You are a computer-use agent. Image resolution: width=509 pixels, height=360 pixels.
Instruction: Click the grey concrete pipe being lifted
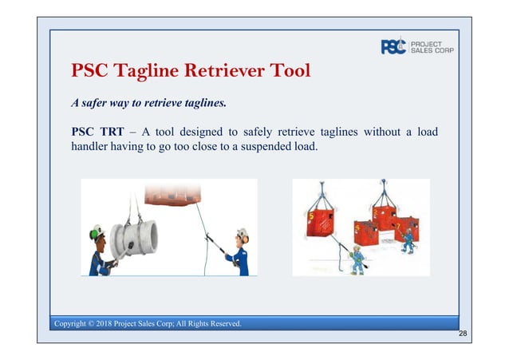(133, 239)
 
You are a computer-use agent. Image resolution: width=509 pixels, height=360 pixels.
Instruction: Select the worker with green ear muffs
(101, 249)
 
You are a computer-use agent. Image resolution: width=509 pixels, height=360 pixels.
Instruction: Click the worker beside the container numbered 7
(408, 238)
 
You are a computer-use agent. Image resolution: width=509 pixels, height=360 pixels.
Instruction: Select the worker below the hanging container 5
(358, 259)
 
